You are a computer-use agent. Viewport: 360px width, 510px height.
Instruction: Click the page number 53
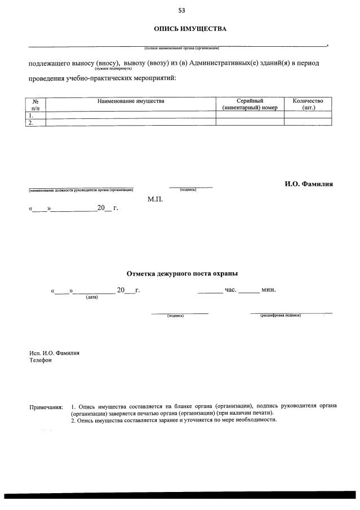181,10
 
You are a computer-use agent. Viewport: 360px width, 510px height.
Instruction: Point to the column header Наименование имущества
131,101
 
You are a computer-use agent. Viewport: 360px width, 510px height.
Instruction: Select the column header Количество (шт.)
308,104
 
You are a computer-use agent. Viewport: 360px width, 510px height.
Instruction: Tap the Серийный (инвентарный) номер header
250,104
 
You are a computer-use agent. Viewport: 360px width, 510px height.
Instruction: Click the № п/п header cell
35,104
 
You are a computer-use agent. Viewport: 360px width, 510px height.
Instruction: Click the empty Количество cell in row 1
308,114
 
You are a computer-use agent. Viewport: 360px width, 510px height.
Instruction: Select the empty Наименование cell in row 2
131,122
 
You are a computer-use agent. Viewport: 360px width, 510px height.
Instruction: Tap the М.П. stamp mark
155,199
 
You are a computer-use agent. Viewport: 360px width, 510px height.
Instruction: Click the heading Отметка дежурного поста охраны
182,273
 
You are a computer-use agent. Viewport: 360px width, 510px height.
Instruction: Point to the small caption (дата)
91,297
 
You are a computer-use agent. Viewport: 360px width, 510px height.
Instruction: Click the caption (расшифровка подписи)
280,316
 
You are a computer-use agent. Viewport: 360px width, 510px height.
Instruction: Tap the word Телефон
41,360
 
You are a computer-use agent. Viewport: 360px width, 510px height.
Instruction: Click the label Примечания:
46,406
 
